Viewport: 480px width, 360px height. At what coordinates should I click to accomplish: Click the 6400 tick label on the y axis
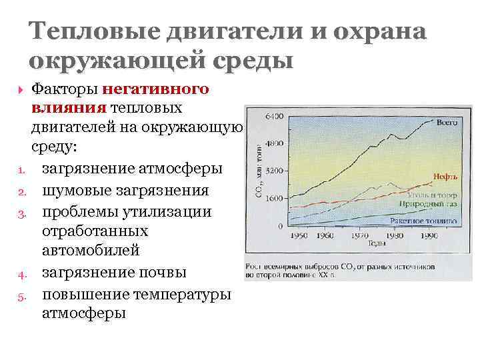point(275,116)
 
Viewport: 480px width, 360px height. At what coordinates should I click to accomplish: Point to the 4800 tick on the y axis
point(275,143)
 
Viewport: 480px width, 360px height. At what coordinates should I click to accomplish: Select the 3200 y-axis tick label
point(275,171)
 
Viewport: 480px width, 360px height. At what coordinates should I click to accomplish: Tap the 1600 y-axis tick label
point(275,198)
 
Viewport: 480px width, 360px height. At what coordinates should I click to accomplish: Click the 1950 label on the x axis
point(299,236)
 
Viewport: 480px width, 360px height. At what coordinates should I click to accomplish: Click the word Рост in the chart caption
point(255,265)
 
